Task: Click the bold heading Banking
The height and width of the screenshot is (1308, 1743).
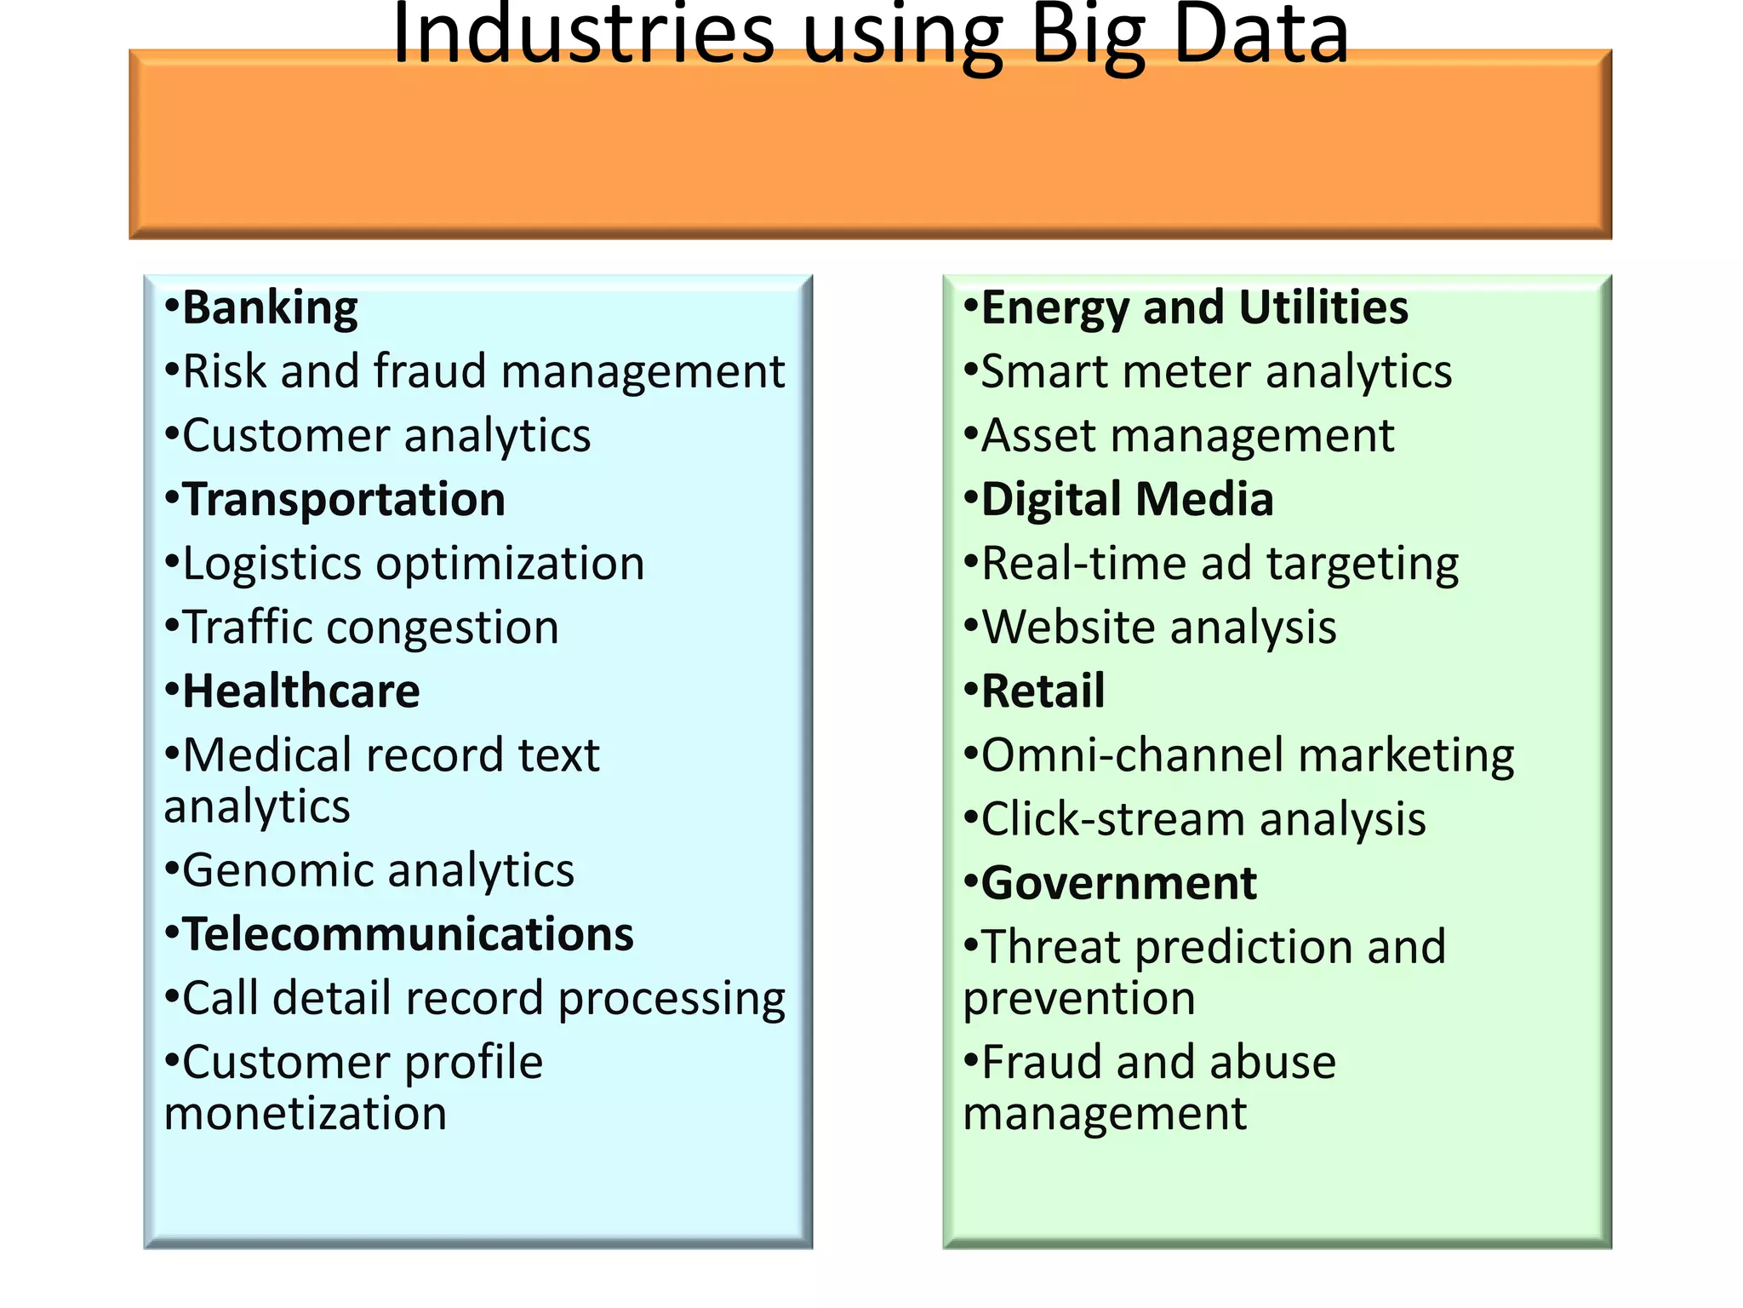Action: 270,308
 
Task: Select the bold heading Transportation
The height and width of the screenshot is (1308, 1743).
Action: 344,500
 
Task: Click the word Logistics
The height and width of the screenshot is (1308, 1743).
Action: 272,565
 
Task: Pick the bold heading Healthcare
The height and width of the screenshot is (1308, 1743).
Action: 300,691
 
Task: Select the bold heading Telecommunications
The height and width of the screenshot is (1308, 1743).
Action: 408,935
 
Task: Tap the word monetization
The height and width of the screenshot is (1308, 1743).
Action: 306,1114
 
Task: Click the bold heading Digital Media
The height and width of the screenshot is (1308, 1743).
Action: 1127,500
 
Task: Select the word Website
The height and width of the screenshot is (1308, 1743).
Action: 1067,628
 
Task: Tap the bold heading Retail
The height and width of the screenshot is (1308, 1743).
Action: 1043,691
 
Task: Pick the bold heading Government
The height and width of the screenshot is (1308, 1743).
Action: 1118,884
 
